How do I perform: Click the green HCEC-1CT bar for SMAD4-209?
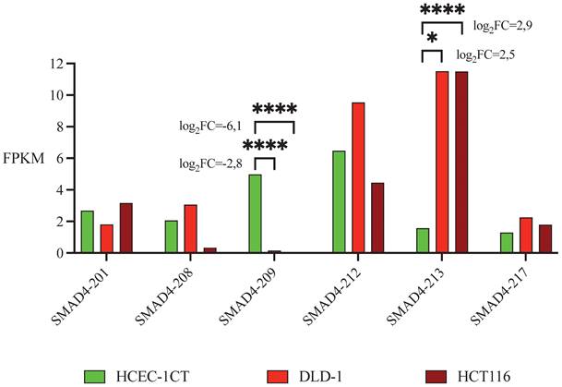point(256,213)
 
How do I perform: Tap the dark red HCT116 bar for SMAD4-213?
point(461,162)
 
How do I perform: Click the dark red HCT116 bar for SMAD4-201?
point(126,227)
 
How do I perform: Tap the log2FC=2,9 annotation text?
point(500,26)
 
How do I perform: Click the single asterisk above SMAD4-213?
point(432,42)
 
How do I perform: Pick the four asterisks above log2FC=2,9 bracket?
point(441,9)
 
